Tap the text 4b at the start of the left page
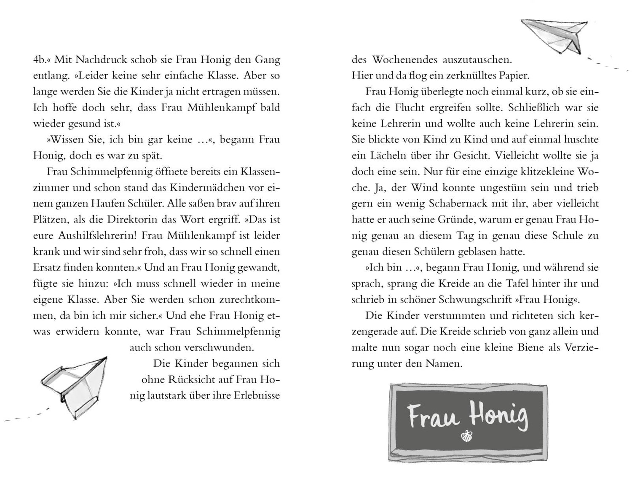click(40, 60)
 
